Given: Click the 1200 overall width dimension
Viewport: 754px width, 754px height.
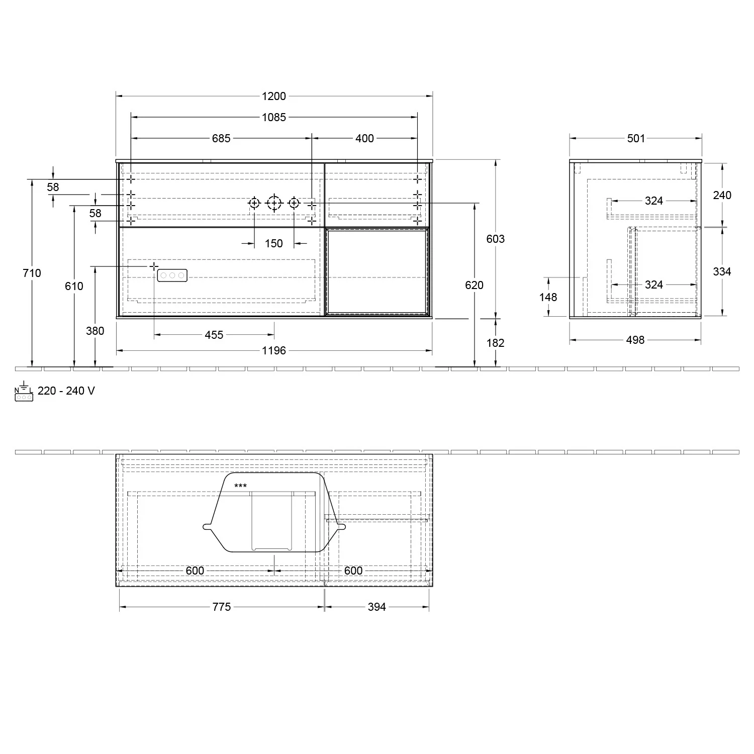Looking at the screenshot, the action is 274,96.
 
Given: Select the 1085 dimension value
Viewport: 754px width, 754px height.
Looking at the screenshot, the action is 274,117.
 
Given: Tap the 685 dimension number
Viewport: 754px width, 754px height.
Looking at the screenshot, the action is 221,138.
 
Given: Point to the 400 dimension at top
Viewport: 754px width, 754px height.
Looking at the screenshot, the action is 365,138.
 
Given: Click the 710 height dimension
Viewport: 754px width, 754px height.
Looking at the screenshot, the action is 32,273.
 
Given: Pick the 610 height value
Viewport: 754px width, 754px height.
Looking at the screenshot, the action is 74,286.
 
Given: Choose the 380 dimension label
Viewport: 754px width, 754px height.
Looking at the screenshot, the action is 95,331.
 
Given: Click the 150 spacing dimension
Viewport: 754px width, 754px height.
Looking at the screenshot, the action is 274,243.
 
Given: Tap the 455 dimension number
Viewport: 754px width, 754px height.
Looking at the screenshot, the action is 214,335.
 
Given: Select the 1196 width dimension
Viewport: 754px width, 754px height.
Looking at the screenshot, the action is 274,350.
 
